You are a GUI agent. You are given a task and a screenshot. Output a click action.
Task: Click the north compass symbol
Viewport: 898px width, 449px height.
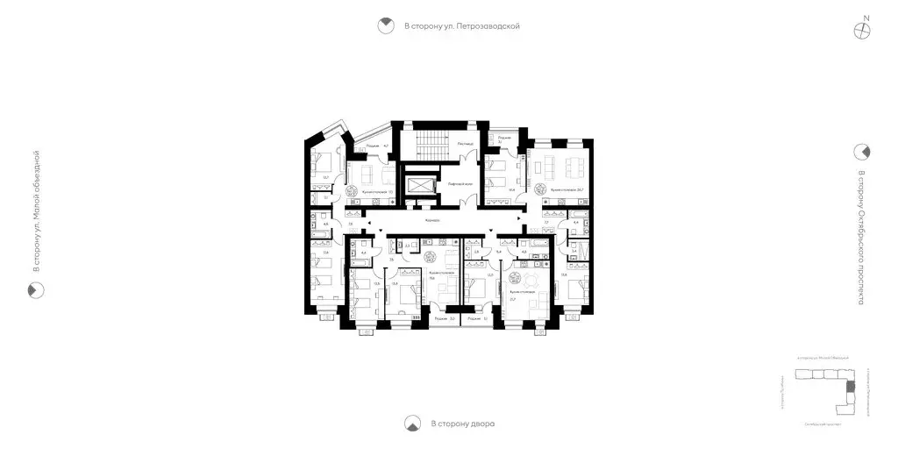(865, 28)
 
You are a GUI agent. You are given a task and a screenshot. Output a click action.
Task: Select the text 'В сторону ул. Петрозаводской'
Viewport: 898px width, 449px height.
(462, 26)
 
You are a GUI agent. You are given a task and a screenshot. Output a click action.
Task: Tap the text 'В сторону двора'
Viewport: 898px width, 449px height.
(462, 424)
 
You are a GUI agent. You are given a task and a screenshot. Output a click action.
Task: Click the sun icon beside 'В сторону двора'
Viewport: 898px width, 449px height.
(410, 424)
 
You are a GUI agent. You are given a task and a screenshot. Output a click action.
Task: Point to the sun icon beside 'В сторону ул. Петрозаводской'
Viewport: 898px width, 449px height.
(384, 26)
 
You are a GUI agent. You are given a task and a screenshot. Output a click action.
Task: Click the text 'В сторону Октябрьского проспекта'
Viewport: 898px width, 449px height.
(861, 238)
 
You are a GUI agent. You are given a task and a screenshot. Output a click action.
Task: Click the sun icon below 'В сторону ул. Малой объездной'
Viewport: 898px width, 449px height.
(36, 290)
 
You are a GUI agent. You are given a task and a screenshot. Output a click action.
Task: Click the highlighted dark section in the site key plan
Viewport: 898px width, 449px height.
(846, 387)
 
